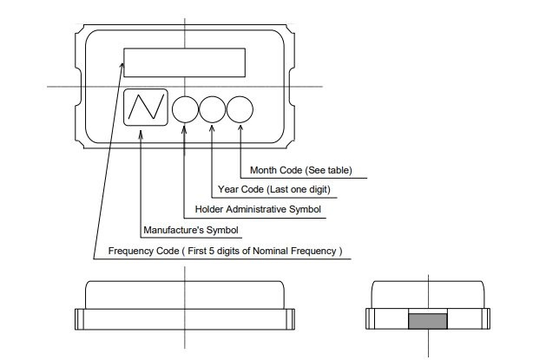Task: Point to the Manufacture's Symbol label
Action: click(190, 231)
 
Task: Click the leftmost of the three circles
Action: click(185, 108)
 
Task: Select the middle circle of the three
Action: click(213, 108)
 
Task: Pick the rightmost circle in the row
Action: click(240, 108)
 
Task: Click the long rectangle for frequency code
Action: click(185, 62)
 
